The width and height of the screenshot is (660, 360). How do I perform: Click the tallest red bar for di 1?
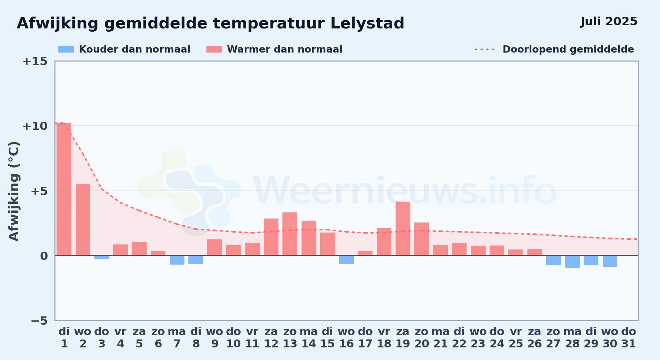[x=64, y=189]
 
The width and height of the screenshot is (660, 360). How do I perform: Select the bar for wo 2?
[x=83, y=220]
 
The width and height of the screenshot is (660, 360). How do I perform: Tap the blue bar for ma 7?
[x=177, y=260]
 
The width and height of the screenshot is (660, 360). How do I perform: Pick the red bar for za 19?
[x=403, y=229]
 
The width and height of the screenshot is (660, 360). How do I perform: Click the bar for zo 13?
[x=290, y=234]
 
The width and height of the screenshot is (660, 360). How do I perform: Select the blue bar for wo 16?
[x=346, y=260]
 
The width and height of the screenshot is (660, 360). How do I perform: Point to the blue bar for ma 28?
[x=572, y=262]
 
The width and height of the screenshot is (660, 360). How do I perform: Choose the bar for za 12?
[x=271, y=237]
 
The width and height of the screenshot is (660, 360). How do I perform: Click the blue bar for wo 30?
[x=610, y=261]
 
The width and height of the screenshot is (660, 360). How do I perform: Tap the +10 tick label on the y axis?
[x=35, y=126]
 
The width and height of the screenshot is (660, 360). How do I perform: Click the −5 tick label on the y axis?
[x=39, y=320]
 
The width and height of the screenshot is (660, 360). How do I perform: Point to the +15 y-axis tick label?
[x=35, y=61]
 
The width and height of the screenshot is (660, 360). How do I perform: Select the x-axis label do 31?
[x=629, y=338]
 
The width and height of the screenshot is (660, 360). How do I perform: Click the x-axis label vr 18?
[x=384, y=338]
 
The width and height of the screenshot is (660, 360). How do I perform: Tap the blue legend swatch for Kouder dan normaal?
[x=66, y=49]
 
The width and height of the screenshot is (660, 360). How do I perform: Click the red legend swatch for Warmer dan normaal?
[x=214, y=49]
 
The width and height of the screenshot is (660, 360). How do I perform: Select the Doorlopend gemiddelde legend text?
[x=568, y=49]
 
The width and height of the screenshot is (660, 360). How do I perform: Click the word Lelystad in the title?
[x=367, y=24]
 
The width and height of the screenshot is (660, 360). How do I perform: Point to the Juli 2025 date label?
[x=609, y=22]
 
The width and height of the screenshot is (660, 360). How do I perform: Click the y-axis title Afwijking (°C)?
[x=14, y=191]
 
